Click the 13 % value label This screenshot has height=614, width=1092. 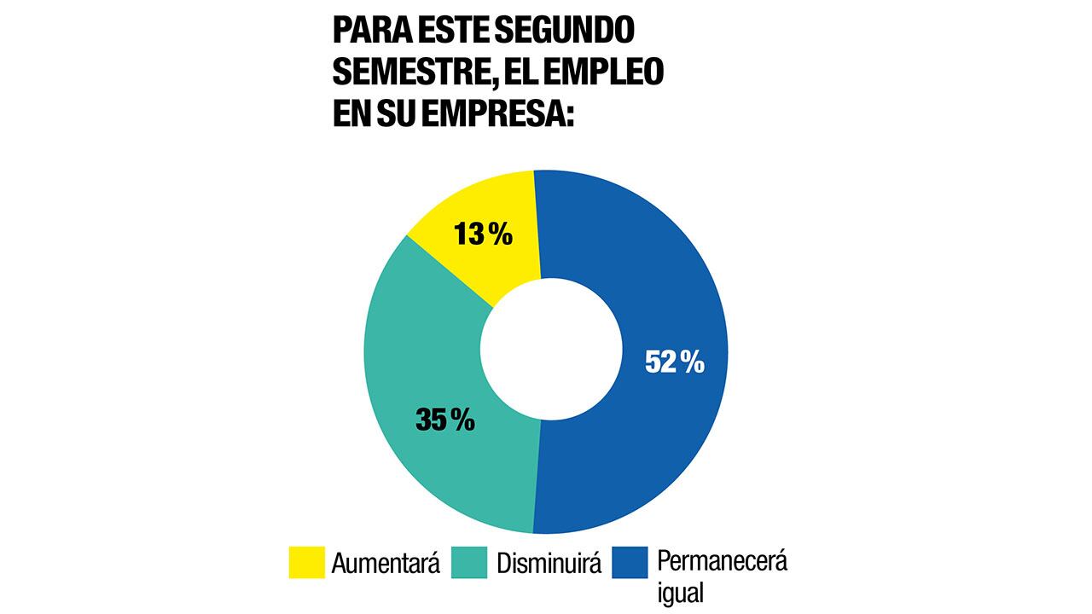(484, 235)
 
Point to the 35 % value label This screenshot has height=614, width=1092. (445, 420)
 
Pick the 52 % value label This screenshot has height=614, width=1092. (675, 362)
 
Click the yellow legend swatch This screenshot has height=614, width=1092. (306, 563)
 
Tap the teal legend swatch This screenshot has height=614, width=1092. (469, 563)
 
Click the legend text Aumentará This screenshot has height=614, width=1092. (386, 564)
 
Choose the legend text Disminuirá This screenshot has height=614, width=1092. (549, 564)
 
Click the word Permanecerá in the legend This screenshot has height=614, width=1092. (722, 562)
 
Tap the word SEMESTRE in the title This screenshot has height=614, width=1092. (407, 73)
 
